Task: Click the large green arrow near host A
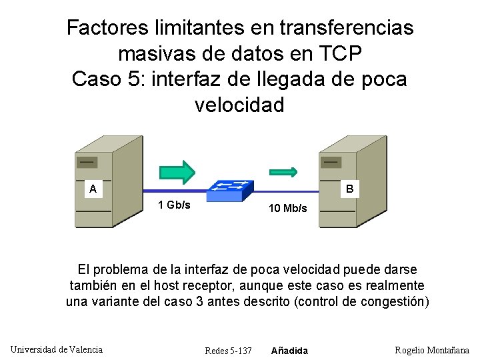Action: [x=176, y=171]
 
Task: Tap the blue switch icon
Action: [x=229, y=190]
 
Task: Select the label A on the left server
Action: [x=94, y=189]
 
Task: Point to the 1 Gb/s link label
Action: [x=173, y=205]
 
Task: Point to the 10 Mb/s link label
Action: [x=287, y=208]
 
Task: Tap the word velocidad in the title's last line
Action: [x=240, y=105]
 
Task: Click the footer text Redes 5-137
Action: [x=228, y=351]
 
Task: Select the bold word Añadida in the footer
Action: [x=289, y=351]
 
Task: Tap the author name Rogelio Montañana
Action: [x=432, y=350]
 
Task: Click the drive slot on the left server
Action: [x=87, y=162]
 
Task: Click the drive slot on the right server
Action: [x=331, y=161]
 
